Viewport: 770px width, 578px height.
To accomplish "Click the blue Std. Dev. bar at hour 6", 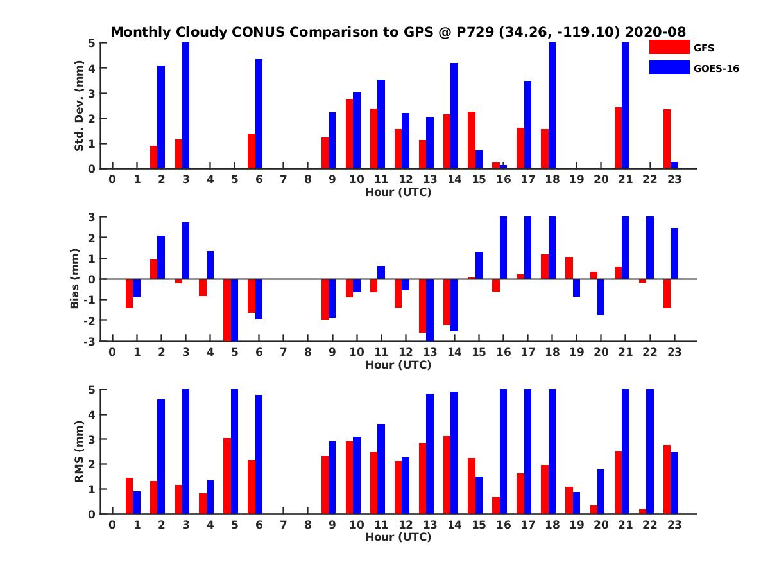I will coord(259,114).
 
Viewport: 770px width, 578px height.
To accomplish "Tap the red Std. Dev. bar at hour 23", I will coord(667,139).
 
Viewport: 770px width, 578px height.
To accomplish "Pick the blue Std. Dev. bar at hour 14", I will coord(454,116).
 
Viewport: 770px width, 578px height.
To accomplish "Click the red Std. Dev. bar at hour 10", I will coord(349,134).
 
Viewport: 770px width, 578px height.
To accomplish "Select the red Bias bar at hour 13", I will coord(422,306).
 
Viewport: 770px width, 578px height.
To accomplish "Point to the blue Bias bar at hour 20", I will coord(601,297).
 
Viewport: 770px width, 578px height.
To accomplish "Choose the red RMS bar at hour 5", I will coord(227,476).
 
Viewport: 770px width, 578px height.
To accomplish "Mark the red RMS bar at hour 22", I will coord(642,511).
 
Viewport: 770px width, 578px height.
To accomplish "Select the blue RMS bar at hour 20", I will coord(601,491).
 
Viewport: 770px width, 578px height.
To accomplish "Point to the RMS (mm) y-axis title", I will coord(80,451).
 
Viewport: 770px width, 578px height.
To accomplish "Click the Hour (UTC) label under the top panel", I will coord(398,192).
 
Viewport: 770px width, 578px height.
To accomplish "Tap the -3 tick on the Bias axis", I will coord(90,341).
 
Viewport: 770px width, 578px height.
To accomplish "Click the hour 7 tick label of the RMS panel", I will coord(283,525).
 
